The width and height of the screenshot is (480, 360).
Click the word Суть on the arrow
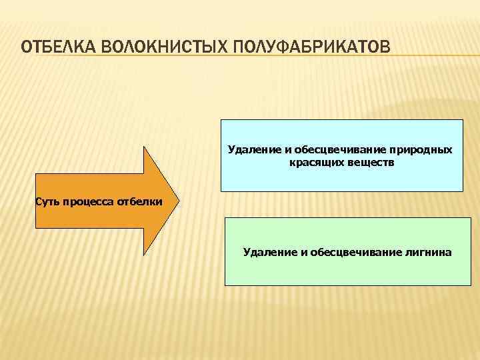coord(49,202)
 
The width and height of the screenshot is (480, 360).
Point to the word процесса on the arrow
coord(89,202)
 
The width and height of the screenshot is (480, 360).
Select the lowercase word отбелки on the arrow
coord(139,202)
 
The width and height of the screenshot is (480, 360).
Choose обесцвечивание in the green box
coord(351,253)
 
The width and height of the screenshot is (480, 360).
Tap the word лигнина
coord(427,253)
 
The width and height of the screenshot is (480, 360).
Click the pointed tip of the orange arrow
coord(178,201)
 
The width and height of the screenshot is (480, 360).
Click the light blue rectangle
coord(341,177)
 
